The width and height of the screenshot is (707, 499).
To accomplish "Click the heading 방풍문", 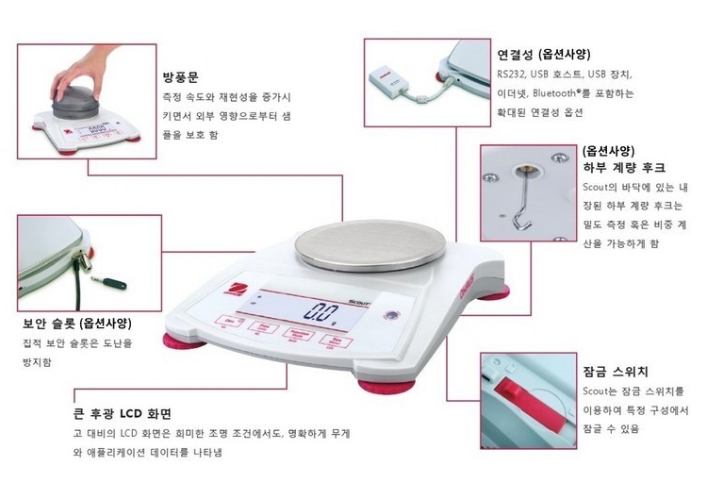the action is click(x=180, y=77).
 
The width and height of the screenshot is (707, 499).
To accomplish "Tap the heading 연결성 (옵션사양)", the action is click(x=543, y=55).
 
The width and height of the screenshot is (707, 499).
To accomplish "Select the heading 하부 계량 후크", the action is click(x=624, y=168).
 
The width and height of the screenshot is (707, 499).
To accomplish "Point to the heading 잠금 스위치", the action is click(x=615, y=372).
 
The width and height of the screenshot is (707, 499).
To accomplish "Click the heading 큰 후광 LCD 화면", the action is click(x=122, y=413).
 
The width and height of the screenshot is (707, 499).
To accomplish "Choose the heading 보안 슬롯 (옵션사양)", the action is click(x=77, y=324).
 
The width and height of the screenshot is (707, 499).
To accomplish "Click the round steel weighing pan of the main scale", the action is click(x=370, y=245).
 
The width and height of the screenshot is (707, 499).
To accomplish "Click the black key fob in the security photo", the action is click(x=114, y=284).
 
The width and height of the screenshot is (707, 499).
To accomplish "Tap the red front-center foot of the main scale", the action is click(x=386, y=386).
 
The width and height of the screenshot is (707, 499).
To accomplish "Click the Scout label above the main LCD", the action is click(x=359, y=302).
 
